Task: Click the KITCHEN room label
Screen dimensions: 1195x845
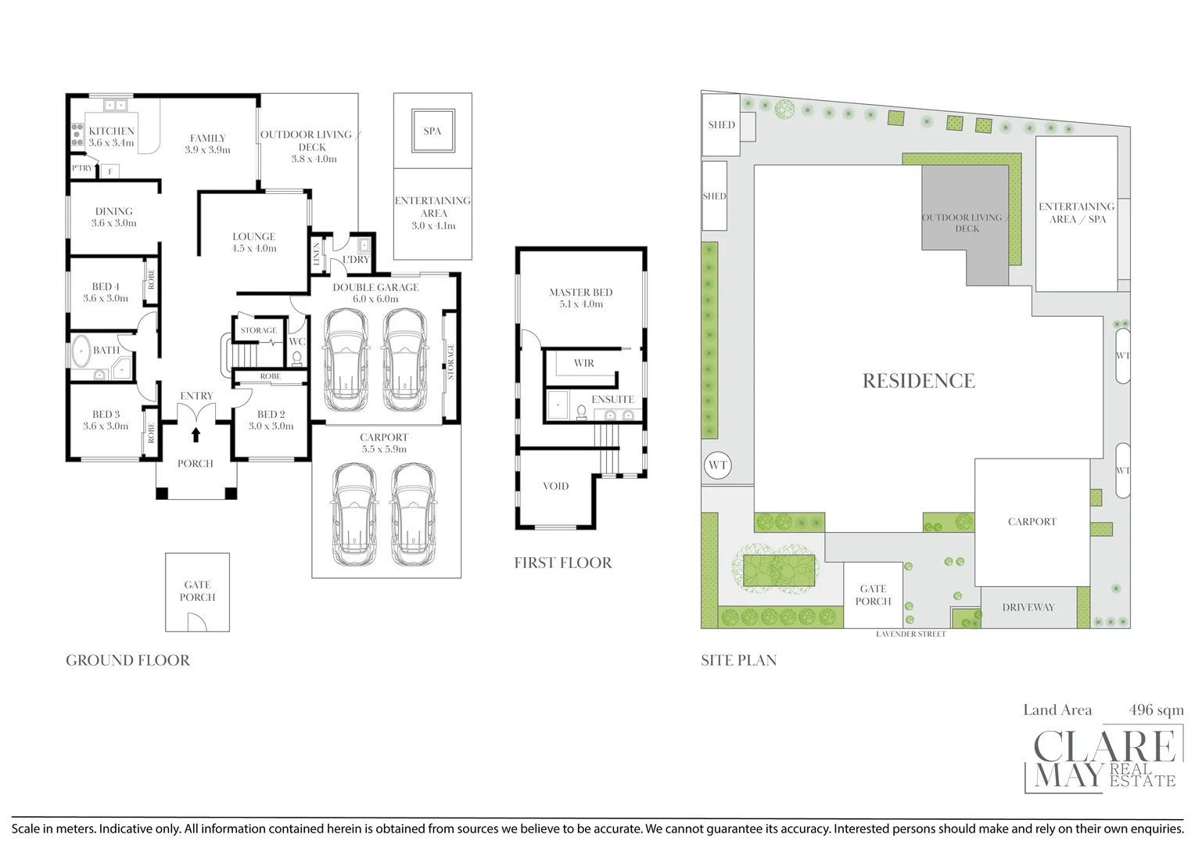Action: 112,131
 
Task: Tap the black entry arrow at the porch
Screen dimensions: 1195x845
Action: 196,435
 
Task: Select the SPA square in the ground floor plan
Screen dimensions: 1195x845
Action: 432,131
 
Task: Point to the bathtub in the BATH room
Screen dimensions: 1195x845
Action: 81,351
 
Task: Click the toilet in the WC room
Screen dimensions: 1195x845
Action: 297,358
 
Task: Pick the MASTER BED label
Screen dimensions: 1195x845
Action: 581,293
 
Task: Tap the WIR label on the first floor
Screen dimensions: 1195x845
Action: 584,363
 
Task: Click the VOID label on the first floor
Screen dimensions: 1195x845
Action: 556,486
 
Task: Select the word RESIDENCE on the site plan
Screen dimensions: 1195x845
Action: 919,380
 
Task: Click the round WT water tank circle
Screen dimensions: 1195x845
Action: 717,465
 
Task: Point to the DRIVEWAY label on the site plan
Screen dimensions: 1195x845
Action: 1028,607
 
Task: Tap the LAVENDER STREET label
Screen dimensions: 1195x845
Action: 910,635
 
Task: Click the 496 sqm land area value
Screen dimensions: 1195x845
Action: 1156,710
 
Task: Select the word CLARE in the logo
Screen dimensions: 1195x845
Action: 1104,746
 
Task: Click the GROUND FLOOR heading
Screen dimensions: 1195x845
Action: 128,660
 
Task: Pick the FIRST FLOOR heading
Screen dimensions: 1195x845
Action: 563,563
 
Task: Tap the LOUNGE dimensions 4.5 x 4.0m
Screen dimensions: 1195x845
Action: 254,248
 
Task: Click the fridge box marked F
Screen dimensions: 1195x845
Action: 110,171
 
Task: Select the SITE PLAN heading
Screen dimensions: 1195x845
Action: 739,660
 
